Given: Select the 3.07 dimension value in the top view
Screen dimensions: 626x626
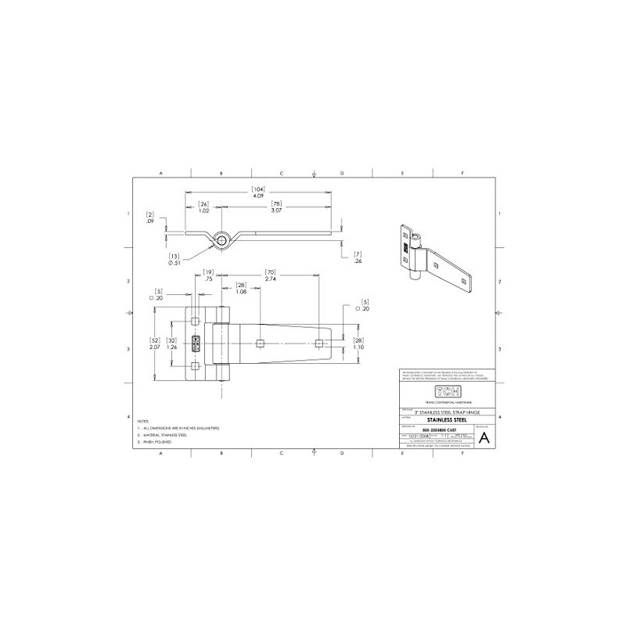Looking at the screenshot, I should tap(277, 211).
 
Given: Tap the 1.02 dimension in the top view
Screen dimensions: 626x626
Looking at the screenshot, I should tap(203, 211).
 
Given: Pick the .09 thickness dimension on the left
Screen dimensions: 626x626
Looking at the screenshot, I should tap(149, 222).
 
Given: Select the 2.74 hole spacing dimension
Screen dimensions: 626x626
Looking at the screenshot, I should tap(271, 279).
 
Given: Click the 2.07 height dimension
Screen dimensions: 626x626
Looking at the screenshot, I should tap(155, 346).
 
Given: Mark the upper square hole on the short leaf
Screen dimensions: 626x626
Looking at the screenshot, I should tap(195, 322).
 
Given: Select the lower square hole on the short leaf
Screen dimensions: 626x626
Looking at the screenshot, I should tap(195, 365).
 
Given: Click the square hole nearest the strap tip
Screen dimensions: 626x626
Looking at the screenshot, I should tap(318, 343).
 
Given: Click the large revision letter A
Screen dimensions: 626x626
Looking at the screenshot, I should tap(483, 437).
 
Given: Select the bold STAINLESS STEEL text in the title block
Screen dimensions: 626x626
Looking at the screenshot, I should tap(446, 419).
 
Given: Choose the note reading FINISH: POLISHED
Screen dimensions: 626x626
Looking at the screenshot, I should tap(159, 443).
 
